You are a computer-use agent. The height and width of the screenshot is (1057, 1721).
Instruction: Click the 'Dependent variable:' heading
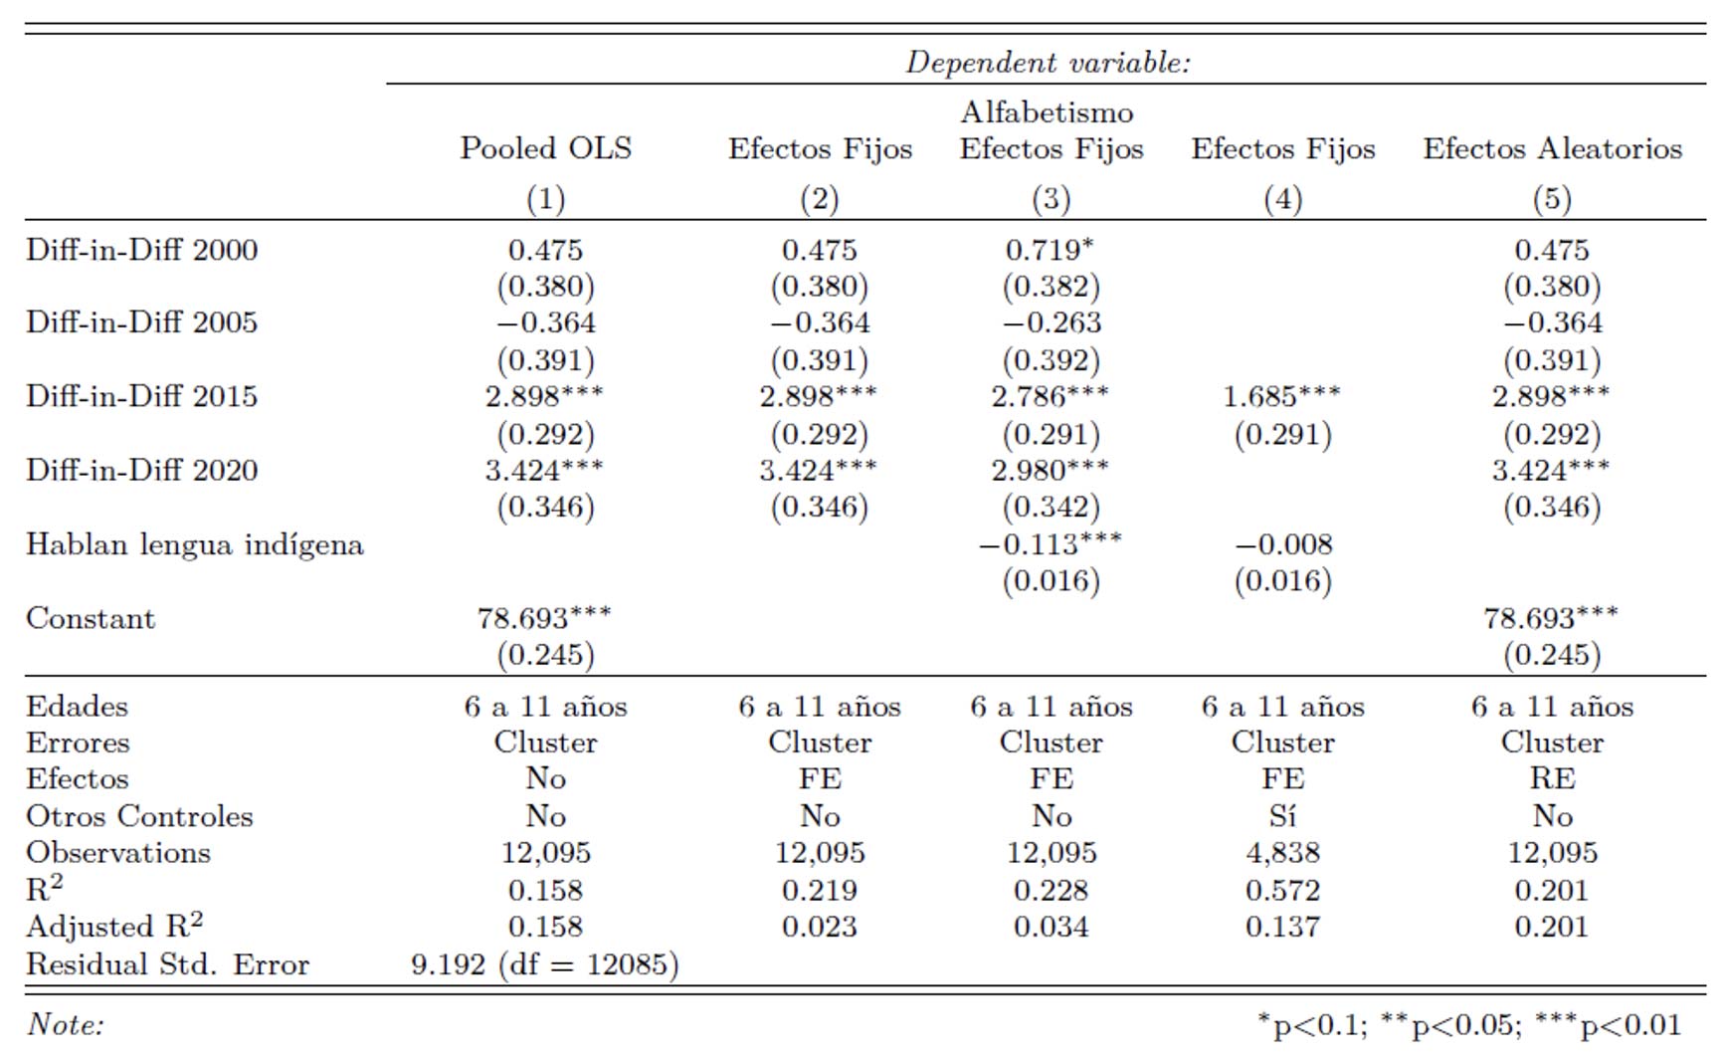[1048, 63]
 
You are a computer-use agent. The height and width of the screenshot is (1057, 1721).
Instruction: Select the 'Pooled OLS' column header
[545, 148]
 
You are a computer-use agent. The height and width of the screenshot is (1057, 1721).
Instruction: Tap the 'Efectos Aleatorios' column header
[1552, 148]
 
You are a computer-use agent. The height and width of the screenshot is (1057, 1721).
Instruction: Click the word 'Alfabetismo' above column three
[1047, 111]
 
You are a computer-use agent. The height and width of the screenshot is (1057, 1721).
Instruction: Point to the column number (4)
[1282, 199]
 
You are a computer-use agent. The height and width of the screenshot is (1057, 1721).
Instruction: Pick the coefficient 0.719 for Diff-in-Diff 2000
[1043, 250]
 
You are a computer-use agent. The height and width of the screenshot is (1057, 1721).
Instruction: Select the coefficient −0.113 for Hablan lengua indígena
[1041, 544]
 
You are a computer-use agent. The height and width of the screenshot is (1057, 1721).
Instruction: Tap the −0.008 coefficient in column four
[1283, 544]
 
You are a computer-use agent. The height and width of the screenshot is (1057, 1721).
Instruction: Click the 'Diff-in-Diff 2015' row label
[141, 396]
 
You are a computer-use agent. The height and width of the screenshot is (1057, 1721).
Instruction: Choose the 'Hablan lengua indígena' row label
[195, 544]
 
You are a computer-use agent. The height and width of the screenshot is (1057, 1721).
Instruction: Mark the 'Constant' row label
[91, 618]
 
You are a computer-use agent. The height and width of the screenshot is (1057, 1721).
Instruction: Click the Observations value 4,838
[1282, 853]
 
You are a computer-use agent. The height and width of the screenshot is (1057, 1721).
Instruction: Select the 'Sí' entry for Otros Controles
[1282, 816]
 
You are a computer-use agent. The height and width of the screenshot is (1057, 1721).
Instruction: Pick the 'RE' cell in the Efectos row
[1552, 778]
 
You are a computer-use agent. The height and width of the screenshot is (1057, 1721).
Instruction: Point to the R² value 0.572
[1282, 891]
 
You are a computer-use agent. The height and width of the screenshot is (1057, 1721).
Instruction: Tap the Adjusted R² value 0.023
[819, 927]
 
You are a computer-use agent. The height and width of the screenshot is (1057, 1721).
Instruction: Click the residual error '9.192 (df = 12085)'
[545, 964]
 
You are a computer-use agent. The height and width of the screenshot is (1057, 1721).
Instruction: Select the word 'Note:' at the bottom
[66, 1024]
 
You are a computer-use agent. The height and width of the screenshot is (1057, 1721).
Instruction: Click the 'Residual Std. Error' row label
[167, 964]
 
